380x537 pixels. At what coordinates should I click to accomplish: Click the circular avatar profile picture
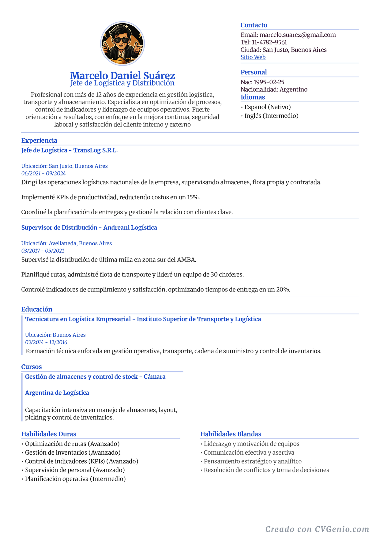(x=122, y=43)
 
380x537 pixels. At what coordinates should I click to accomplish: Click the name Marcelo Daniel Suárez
(x=122, y=75)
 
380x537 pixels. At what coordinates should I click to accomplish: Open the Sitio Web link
(x=253, y=57)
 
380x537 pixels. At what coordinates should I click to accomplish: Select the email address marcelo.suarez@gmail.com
(x=297, y=35)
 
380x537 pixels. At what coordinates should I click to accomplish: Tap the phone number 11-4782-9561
(x=269, y=42)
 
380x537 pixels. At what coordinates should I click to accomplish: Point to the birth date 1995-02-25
(x=269, y=82)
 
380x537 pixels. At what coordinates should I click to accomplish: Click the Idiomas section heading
(x=253, y=97)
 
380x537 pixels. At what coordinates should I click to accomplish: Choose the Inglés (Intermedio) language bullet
(x=271, y=116)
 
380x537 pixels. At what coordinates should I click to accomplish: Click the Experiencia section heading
(x=39, y=141)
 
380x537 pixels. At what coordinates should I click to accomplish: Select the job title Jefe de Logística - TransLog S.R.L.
(x=70, y=150)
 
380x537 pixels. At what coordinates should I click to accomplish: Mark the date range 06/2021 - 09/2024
(x=43, y=174)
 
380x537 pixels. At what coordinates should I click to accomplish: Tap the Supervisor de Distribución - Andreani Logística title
(x=89, y=227)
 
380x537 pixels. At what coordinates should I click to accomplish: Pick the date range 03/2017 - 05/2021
(x=43, y=251)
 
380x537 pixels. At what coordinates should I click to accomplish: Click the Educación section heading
(x=37, y=309)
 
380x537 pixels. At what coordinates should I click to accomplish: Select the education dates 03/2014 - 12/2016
(x=46, y=342)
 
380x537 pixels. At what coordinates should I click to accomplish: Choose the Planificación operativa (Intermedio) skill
(x=75, y=479)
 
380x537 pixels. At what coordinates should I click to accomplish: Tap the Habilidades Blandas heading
(x=231, y=434)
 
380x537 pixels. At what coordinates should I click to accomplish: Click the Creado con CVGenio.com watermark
(x=317, y=529)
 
